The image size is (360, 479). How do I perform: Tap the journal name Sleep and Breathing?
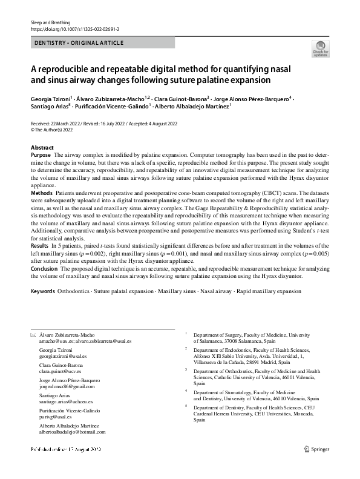point(48,22)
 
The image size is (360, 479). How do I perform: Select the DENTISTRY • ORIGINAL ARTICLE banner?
point(79,43)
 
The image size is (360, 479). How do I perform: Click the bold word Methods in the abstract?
point(42,192)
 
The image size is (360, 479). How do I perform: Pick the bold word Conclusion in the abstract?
point(45,268)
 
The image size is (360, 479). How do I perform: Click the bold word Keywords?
point(42,291)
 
